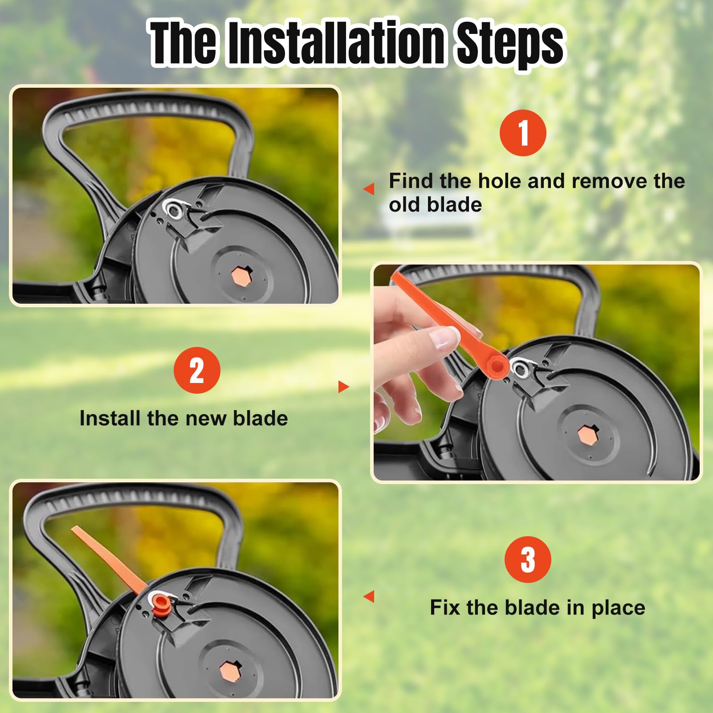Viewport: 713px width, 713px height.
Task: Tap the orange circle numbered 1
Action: tap(523, 133)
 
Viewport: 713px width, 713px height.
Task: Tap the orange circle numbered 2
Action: tap(197, 370)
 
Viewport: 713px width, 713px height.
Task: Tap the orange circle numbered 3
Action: tap(528, 559)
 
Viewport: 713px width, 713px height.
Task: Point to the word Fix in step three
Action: tap(445, 607)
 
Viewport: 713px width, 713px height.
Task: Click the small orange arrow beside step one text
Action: tap(369, 189)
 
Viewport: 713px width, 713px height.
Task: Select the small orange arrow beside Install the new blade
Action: tap(344, 387)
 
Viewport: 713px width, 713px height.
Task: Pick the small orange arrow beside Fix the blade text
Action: tap(369, 596)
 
